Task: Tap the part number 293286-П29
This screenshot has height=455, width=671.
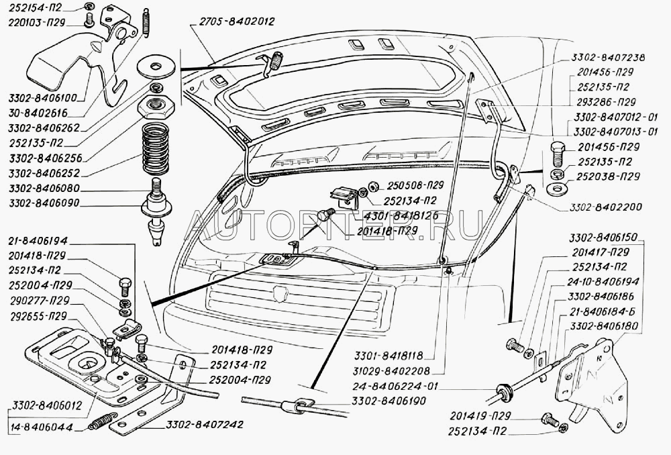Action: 606,103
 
